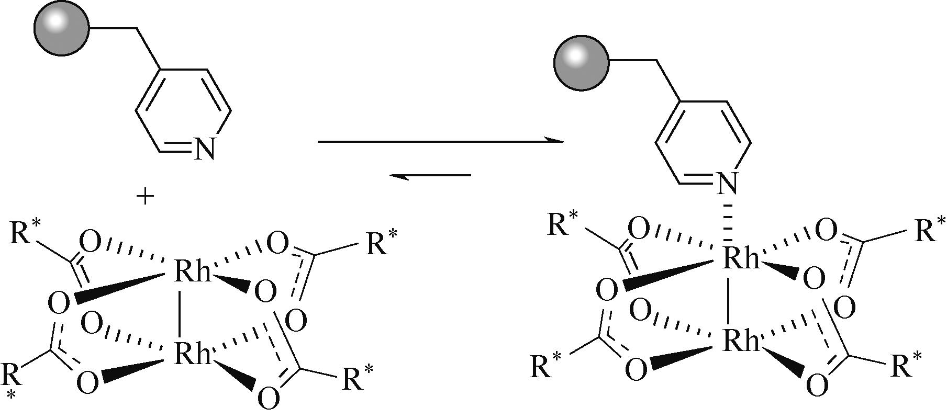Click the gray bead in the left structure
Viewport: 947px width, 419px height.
[x=61, y=29]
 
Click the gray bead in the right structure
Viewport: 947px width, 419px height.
[x=581, y=62]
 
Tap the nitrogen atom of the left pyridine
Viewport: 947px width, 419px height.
[x=204, y=150]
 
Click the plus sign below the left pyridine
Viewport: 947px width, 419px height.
[x=146, y=197]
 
